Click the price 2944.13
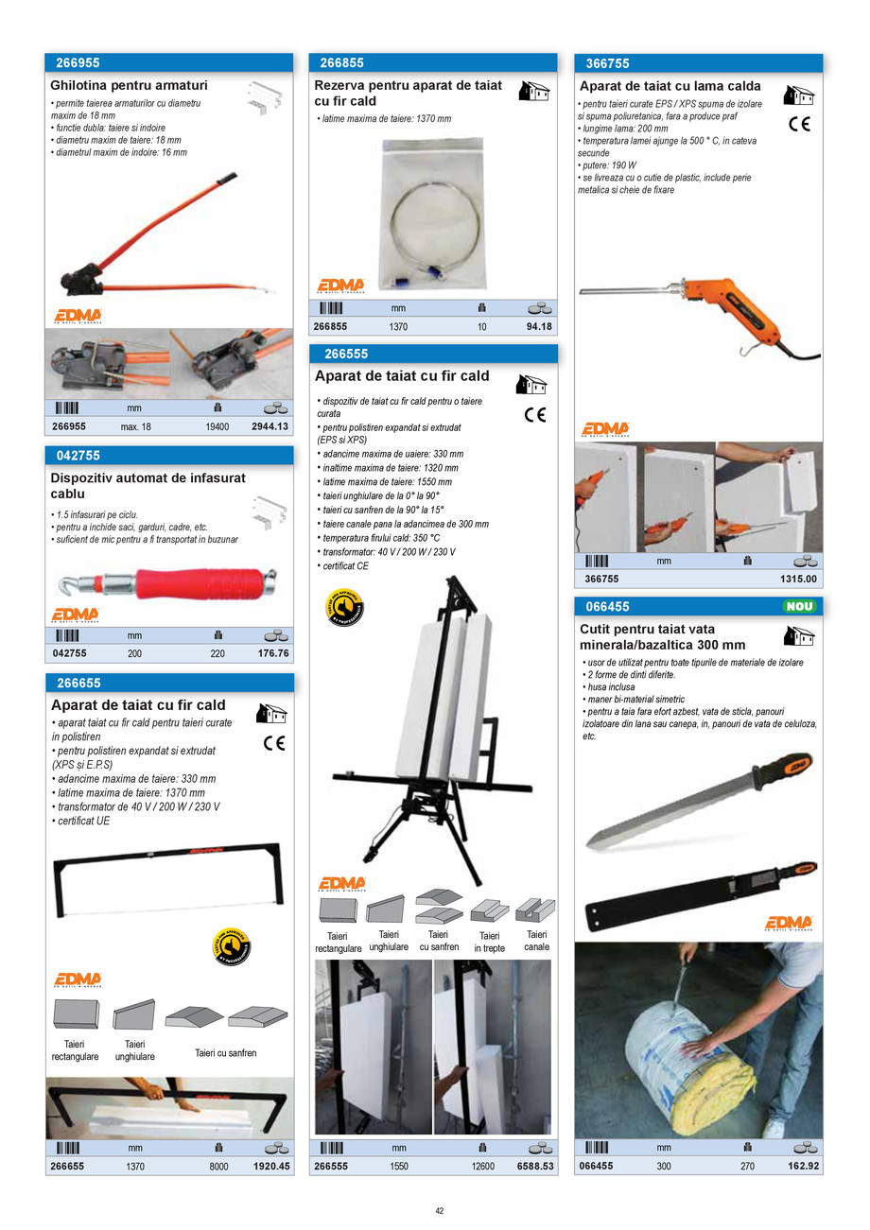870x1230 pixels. point(270,426)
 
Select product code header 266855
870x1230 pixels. point(341,63)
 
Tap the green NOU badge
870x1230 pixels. point(800,607)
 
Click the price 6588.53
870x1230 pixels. point(533,1166)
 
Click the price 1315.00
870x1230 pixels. point(799,579)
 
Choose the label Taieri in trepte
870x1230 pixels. point(489,941)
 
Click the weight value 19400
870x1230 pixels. point(217,426)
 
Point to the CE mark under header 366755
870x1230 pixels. point(799,124)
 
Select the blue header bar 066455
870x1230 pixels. point(698,607)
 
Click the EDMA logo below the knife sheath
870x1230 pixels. point(789,923)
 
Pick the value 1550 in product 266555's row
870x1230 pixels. point(399,1166)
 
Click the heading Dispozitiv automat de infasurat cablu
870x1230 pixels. point(148,485)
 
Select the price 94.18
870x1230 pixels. point(539,327)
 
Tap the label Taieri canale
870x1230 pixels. point(535,940)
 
